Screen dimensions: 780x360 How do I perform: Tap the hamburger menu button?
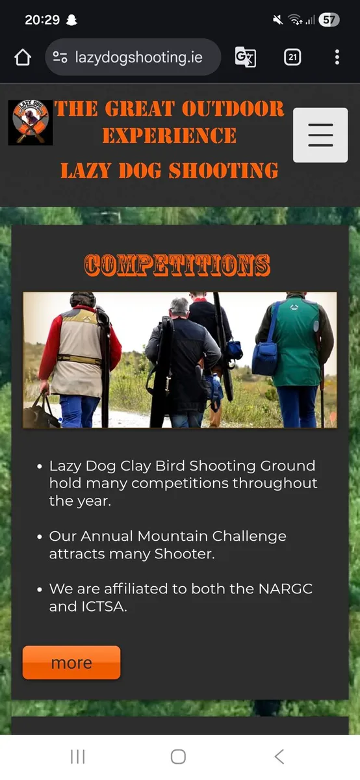320,135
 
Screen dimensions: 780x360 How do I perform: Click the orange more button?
71,662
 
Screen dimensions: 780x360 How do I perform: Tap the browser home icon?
23,57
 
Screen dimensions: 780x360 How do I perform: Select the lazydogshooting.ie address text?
138,57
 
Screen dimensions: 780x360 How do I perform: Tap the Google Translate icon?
245,57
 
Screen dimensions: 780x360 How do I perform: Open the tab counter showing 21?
292,57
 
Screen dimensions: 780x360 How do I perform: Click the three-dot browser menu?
337,57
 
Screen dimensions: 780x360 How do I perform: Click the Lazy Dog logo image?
30,122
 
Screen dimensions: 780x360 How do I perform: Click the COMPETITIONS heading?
177,265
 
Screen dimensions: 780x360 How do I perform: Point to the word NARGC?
285,589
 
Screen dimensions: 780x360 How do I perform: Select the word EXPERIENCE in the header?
169,136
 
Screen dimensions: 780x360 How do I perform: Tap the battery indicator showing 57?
329,20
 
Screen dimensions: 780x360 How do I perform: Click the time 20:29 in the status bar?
43,20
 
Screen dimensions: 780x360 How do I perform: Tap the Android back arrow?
279,756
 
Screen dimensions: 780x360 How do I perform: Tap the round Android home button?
178,756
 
